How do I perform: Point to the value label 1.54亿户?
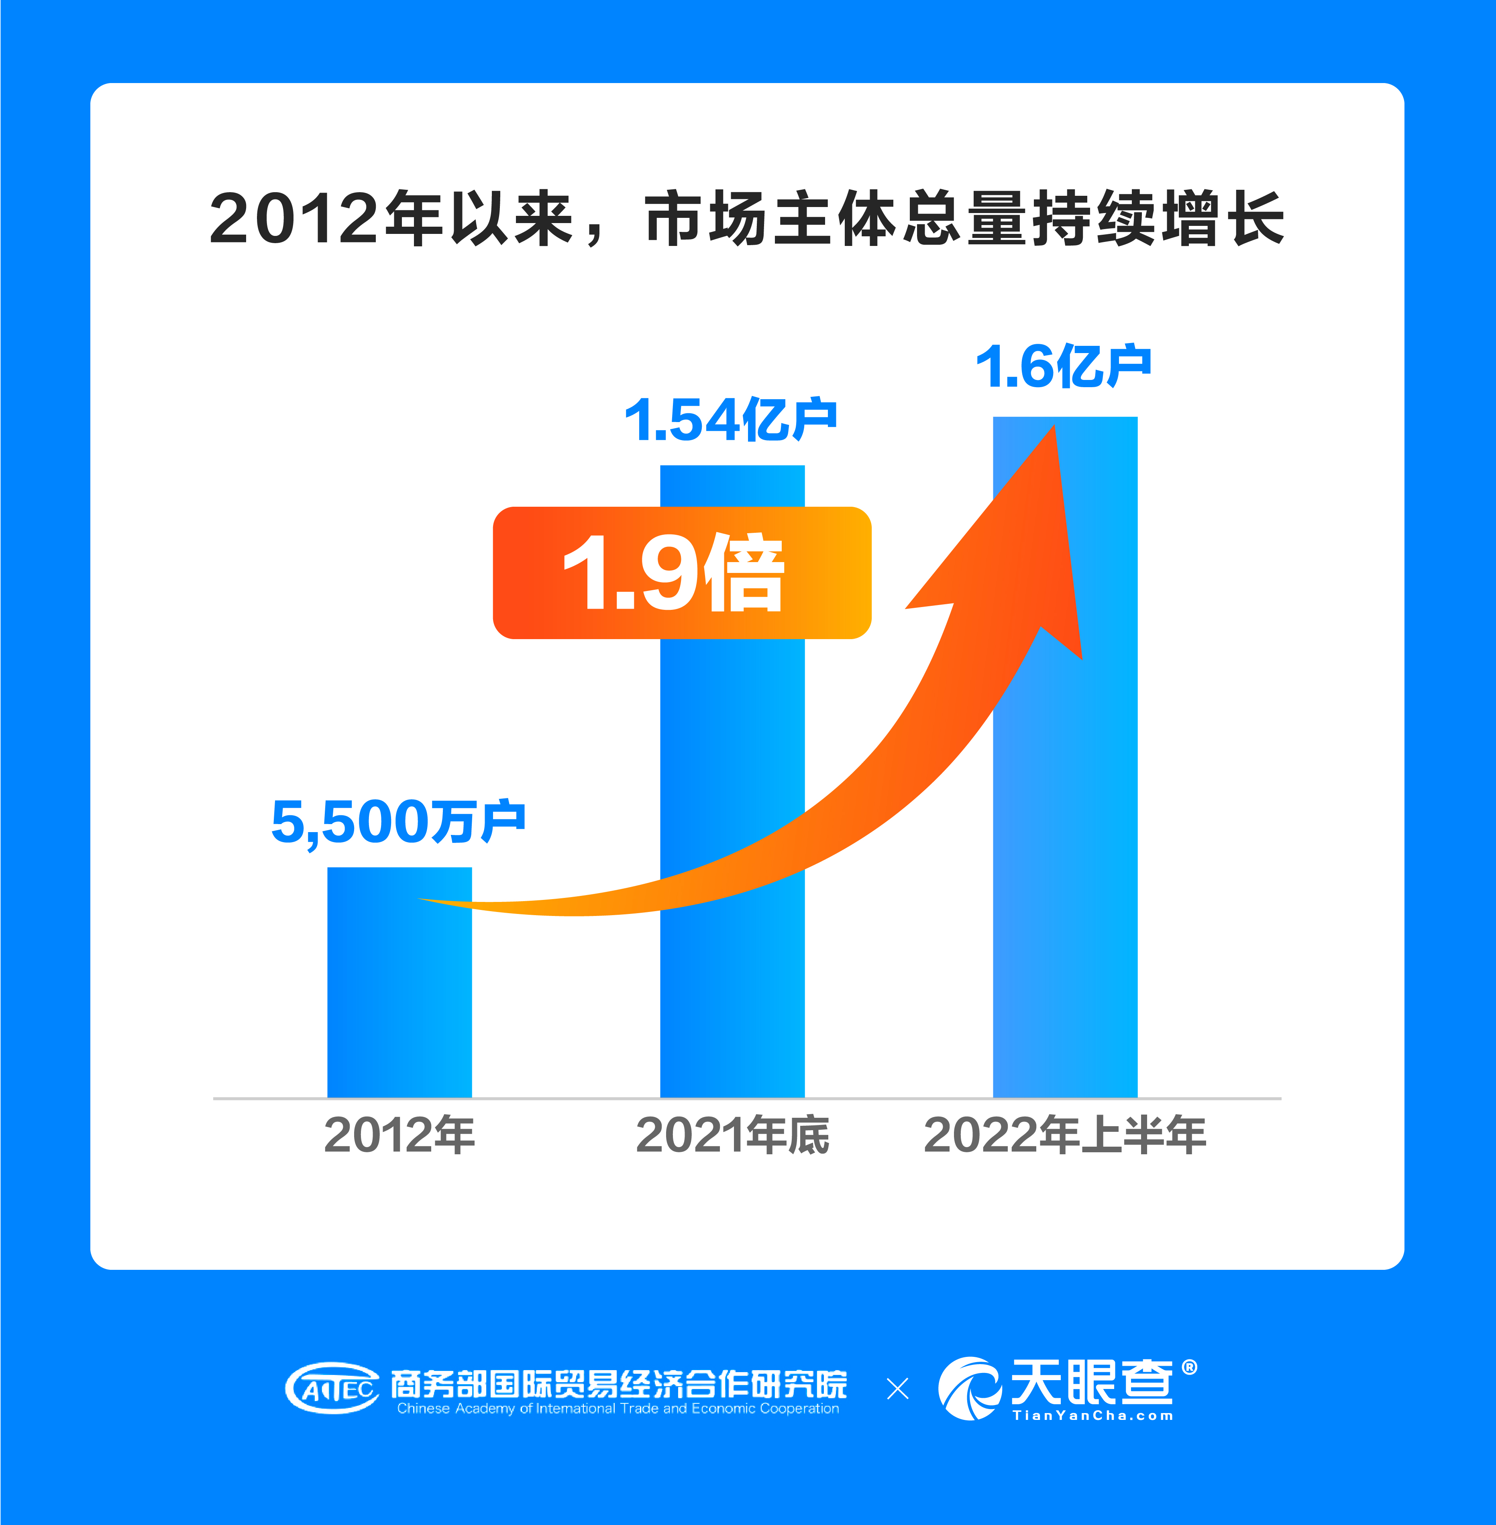click(731, 420)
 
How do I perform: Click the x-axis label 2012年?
click(399, 1135)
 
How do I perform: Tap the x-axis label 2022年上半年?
click(1065, 1135)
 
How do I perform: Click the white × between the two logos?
click(897, 1388)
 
